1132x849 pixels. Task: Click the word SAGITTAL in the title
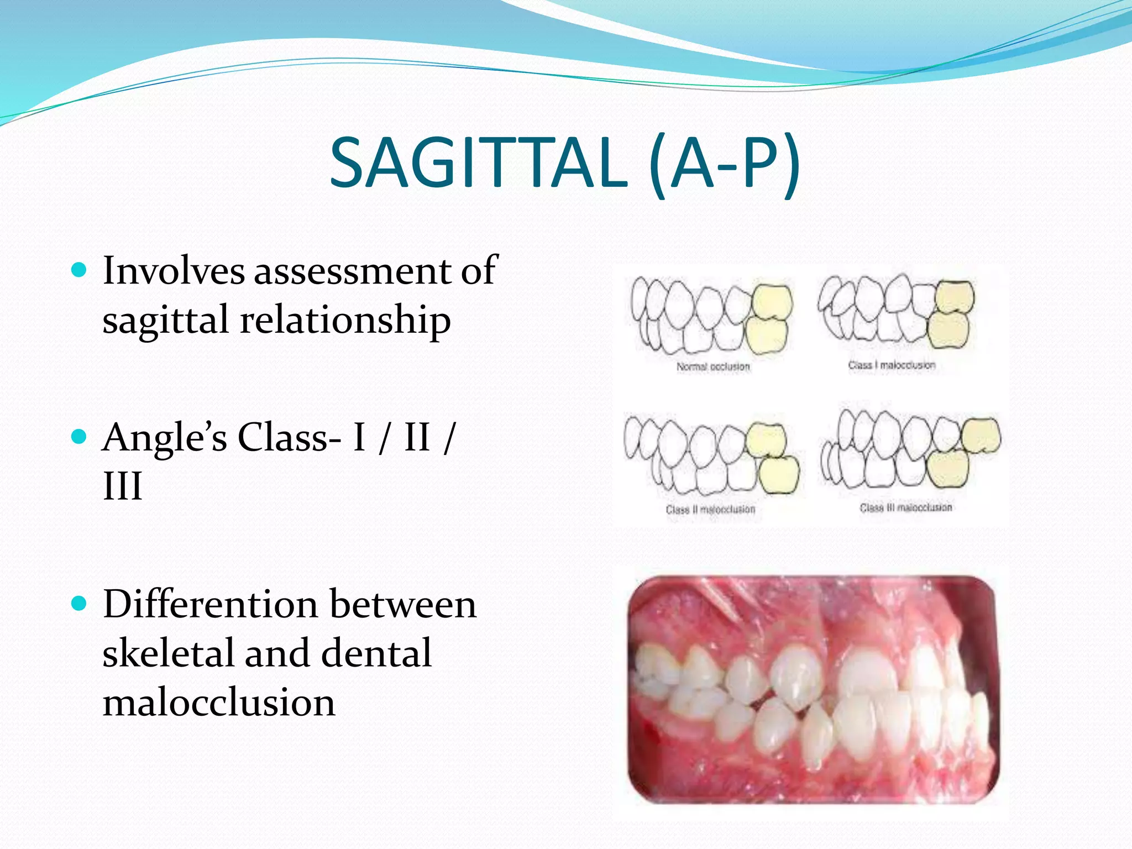pos(478,164)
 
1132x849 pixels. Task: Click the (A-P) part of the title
pos(724,164)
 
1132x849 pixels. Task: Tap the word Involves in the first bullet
pos(174,271)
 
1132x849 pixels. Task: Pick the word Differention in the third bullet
pos(210,604)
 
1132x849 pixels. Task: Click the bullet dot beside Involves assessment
pos(80,270)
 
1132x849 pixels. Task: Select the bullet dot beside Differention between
pos(80,603)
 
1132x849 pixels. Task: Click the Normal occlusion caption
pos(713,366)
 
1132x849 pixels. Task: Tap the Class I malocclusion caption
pos(892,365)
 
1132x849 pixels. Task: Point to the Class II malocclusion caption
pos(710,509)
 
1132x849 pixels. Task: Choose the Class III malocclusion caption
pos(906,507)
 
